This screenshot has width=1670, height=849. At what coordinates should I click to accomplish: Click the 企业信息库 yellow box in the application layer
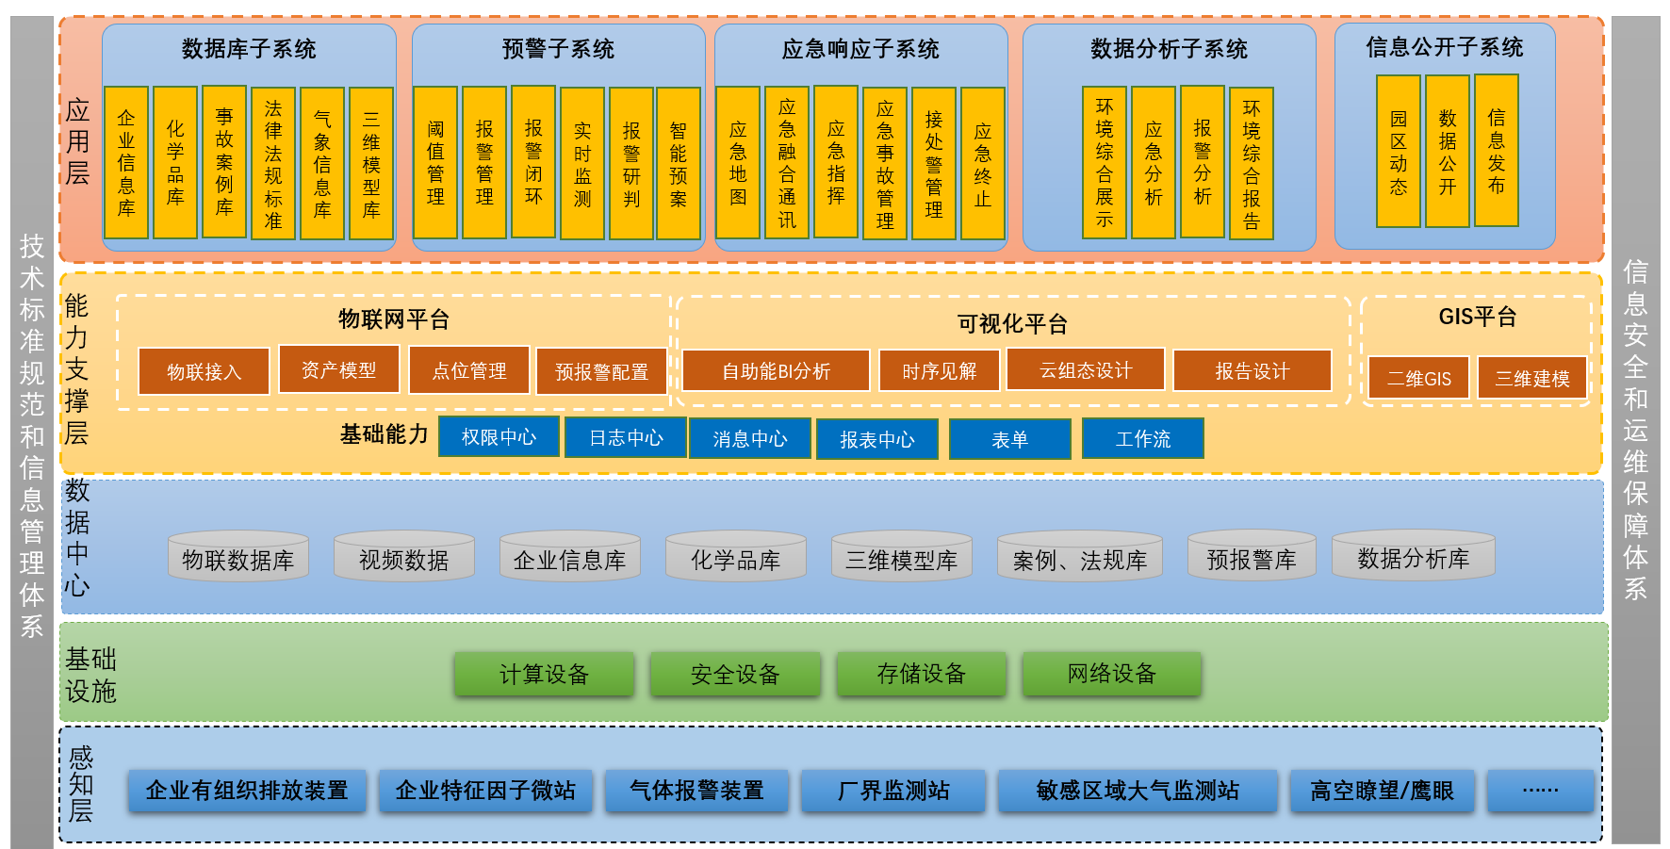[126, 162]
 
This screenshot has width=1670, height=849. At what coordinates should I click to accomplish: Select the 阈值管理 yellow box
[435, 162]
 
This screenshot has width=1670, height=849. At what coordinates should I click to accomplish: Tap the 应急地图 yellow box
[738, 162]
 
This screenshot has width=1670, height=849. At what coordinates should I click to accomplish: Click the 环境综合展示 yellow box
[1105, 162]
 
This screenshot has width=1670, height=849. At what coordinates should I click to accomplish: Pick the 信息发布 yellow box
[1497, 151]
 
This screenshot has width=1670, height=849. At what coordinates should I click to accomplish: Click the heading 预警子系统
[558, 49]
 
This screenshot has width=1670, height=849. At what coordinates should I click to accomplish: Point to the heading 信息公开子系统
[1445, 47]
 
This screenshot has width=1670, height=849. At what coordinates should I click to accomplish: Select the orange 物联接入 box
[204, 371]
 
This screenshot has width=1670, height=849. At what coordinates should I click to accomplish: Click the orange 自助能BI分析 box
[776, 371]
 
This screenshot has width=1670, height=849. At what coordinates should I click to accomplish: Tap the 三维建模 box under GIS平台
[1531, 378]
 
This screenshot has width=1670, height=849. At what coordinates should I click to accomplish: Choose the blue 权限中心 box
[499, 437]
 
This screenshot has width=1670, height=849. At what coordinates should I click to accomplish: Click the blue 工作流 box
[1142, 439]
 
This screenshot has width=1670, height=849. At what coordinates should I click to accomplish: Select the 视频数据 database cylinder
[403, 559]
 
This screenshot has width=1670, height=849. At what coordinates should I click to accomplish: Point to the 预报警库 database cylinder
[1252, 559]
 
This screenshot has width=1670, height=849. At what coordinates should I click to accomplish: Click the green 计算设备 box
[544, 674]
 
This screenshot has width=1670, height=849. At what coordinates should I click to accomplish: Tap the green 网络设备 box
[1111, 674]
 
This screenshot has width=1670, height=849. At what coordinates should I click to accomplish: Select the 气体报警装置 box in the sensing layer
[696, 791]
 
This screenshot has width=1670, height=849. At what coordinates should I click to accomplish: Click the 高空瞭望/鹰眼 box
[1382, 791]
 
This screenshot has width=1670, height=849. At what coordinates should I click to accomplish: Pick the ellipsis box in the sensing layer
[1540, 791]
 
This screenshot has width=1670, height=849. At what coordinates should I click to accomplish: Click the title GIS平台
[1477, 317]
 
